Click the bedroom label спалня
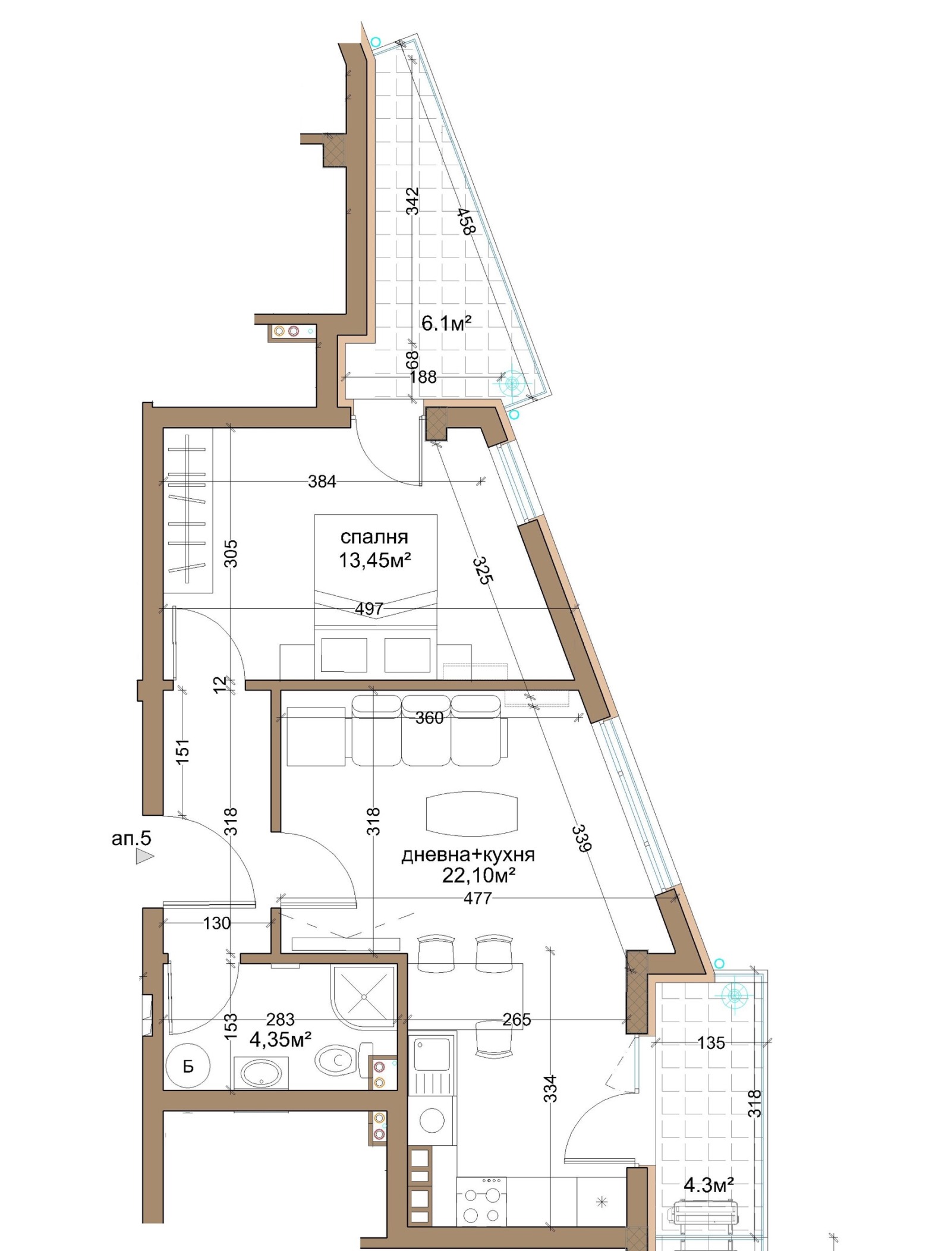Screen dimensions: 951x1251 pyautogui.click(x=374, y=538)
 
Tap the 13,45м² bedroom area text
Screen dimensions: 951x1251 pyautogui.click(x=375, y=560)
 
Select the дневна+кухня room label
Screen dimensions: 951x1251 pyautogui.click(x=468, y=855)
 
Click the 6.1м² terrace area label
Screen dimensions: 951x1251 pyautogui.click(x=446, y=323)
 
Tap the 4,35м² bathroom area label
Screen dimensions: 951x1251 pyautogui.click(x=281, y=1039)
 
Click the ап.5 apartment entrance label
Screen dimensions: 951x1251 pyautogui.click(x=131, y=838)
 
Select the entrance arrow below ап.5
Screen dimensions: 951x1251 pyautogui.click(x=144, y=856)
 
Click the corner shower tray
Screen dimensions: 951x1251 pyautogui.click(x=363, y=997)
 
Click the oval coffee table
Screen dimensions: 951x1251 pyautogui.click(x=471, y=813)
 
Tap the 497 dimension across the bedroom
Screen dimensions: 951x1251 pyautogui.click(x=369, y=609)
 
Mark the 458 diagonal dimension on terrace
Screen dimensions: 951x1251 pyautogui.click(x=467, y=221)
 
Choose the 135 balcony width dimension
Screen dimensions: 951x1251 pyautogui.click(x=711, y=1043)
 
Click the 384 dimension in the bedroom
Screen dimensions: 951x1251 pyautogui.click(x=322, y=482)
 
